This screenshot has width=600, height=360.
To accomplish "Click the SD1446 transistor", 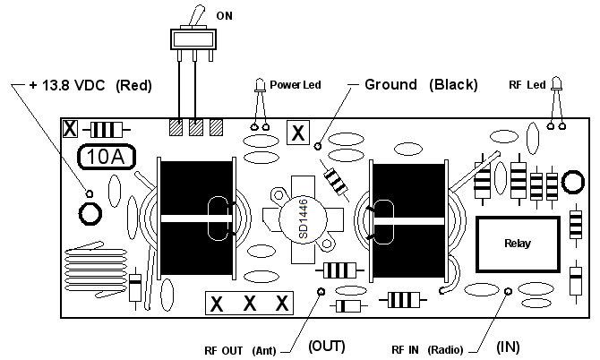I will tap(300, 219).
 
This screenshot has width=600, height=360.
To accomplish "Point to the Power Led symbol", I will tap(258, 88).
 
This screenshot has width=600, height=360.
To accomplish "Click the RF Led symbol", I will tap(555, 86).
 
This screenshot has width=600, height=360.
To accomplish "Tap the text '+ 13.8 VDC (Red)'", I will tap(90, 86).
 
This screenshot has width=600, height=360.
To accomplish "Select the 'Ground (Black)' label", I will tap(421, 85).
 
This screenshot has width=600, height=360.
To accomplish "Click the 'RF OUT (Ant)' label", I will tap(239, 348).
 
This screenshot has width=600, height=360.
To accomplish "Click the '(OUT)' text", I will tap(326, 346).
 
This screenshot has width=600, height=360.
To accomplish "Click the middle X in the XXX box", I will tap(249, 304).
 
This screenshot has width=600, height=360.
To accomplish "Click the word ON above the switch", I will tap(226, 15).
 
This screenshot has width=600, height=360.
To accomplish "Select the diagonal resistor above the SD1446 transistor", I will tap(337, 181).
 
